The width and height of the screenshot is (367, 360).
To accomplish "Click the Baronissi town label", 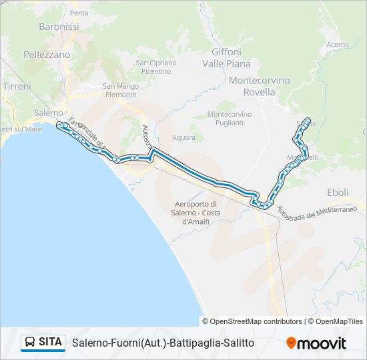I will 59,27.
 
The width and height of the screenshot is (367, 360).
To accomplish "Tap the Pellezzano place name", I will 46,55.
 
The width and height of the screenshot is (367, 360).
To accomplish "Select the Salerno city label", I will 48,113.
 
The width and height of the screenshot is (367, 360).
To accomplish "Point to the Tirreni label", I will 16,87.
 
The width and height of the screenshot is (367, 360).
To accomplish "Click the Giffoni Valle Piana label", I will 230,58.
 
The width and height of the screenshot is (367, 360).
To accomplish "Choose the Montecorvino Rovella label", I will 259,86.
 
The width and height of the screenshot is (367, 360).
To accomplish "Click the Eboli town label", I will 338,192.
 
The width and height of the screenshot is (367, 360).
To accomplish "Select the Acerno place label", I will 338,45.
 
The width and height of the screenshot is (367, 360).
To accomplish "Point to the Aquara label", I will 183,138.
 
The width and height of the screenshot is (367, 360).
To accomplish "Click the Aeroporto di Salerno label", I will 196,212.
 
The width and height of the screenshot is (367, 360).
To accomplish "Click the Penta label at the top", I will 79,13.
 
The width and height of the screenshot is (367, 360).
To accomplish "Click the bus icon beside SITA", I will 30,343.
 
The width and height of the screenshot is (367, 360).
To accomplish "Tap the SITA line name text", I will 51,343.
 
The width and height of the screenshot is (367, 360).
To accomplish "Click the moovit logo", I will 316,343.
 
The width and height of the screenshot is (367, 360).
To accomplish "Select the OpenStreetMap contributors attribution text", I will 252,321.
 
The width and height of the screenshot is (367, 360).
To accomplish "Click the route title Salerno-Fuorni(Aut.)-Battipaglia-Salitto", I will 163,343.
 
